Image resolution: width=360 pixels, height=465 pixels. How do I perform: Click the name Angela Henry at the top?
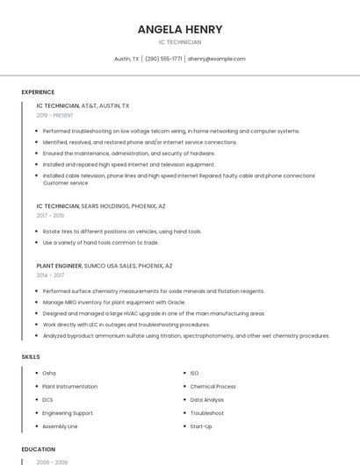(x=180, y=29)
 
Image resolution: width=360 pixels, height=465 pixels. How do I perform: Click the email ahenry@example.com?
(x=217, y=59)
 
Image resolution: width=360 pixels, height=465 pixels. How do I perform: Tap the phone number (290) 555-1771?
(x=163, y=59)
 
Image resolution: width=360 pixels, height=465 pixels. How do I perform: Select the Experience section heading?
(x=38, y=92)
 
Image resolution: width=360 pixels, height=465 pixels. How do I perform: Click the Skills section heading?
(x=31, y=357)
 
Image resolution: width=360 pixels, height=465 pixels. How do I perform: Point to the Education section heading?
(x=39, y=449)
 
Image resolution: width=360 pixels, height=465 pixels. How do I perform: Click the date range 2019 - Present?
(x=55, y=115)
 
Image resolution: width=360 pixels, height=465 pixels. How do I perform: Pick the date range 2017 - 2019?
(x=50, y=215)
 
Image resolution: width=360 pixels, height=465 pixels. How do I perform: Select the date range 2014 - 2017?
(x=50, y=275)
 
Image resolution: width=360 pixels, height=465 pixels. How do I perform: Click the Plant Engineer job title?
(x=60, y=265)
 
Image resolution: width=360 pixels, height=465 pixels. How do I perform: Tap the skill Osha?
(x=49, y=373)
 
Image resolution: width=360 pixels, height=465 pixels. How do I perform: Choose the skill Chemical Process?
(x=212, y=386)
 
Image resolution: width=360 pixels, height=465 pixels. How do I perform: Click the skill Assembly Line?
(x=61, y=426)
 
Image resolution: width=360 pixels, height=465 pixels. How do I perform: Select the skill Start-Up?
(x=201, y=426)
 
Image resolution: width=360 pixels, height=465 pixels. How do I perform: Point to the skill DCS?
(x=47, y=399)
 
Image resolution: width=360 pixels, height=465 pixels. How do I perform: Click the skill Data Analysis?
(x=207, y=399)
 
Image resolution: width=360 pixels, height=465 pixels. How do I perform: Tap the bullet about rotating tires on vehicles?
(x=122, y=232)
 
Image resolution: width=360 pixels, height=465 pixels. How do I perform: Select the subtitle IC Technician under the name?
(x=180, y=42)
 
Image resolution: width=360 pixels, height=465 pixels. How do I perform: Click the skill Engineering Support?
(x=68, y=413)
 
